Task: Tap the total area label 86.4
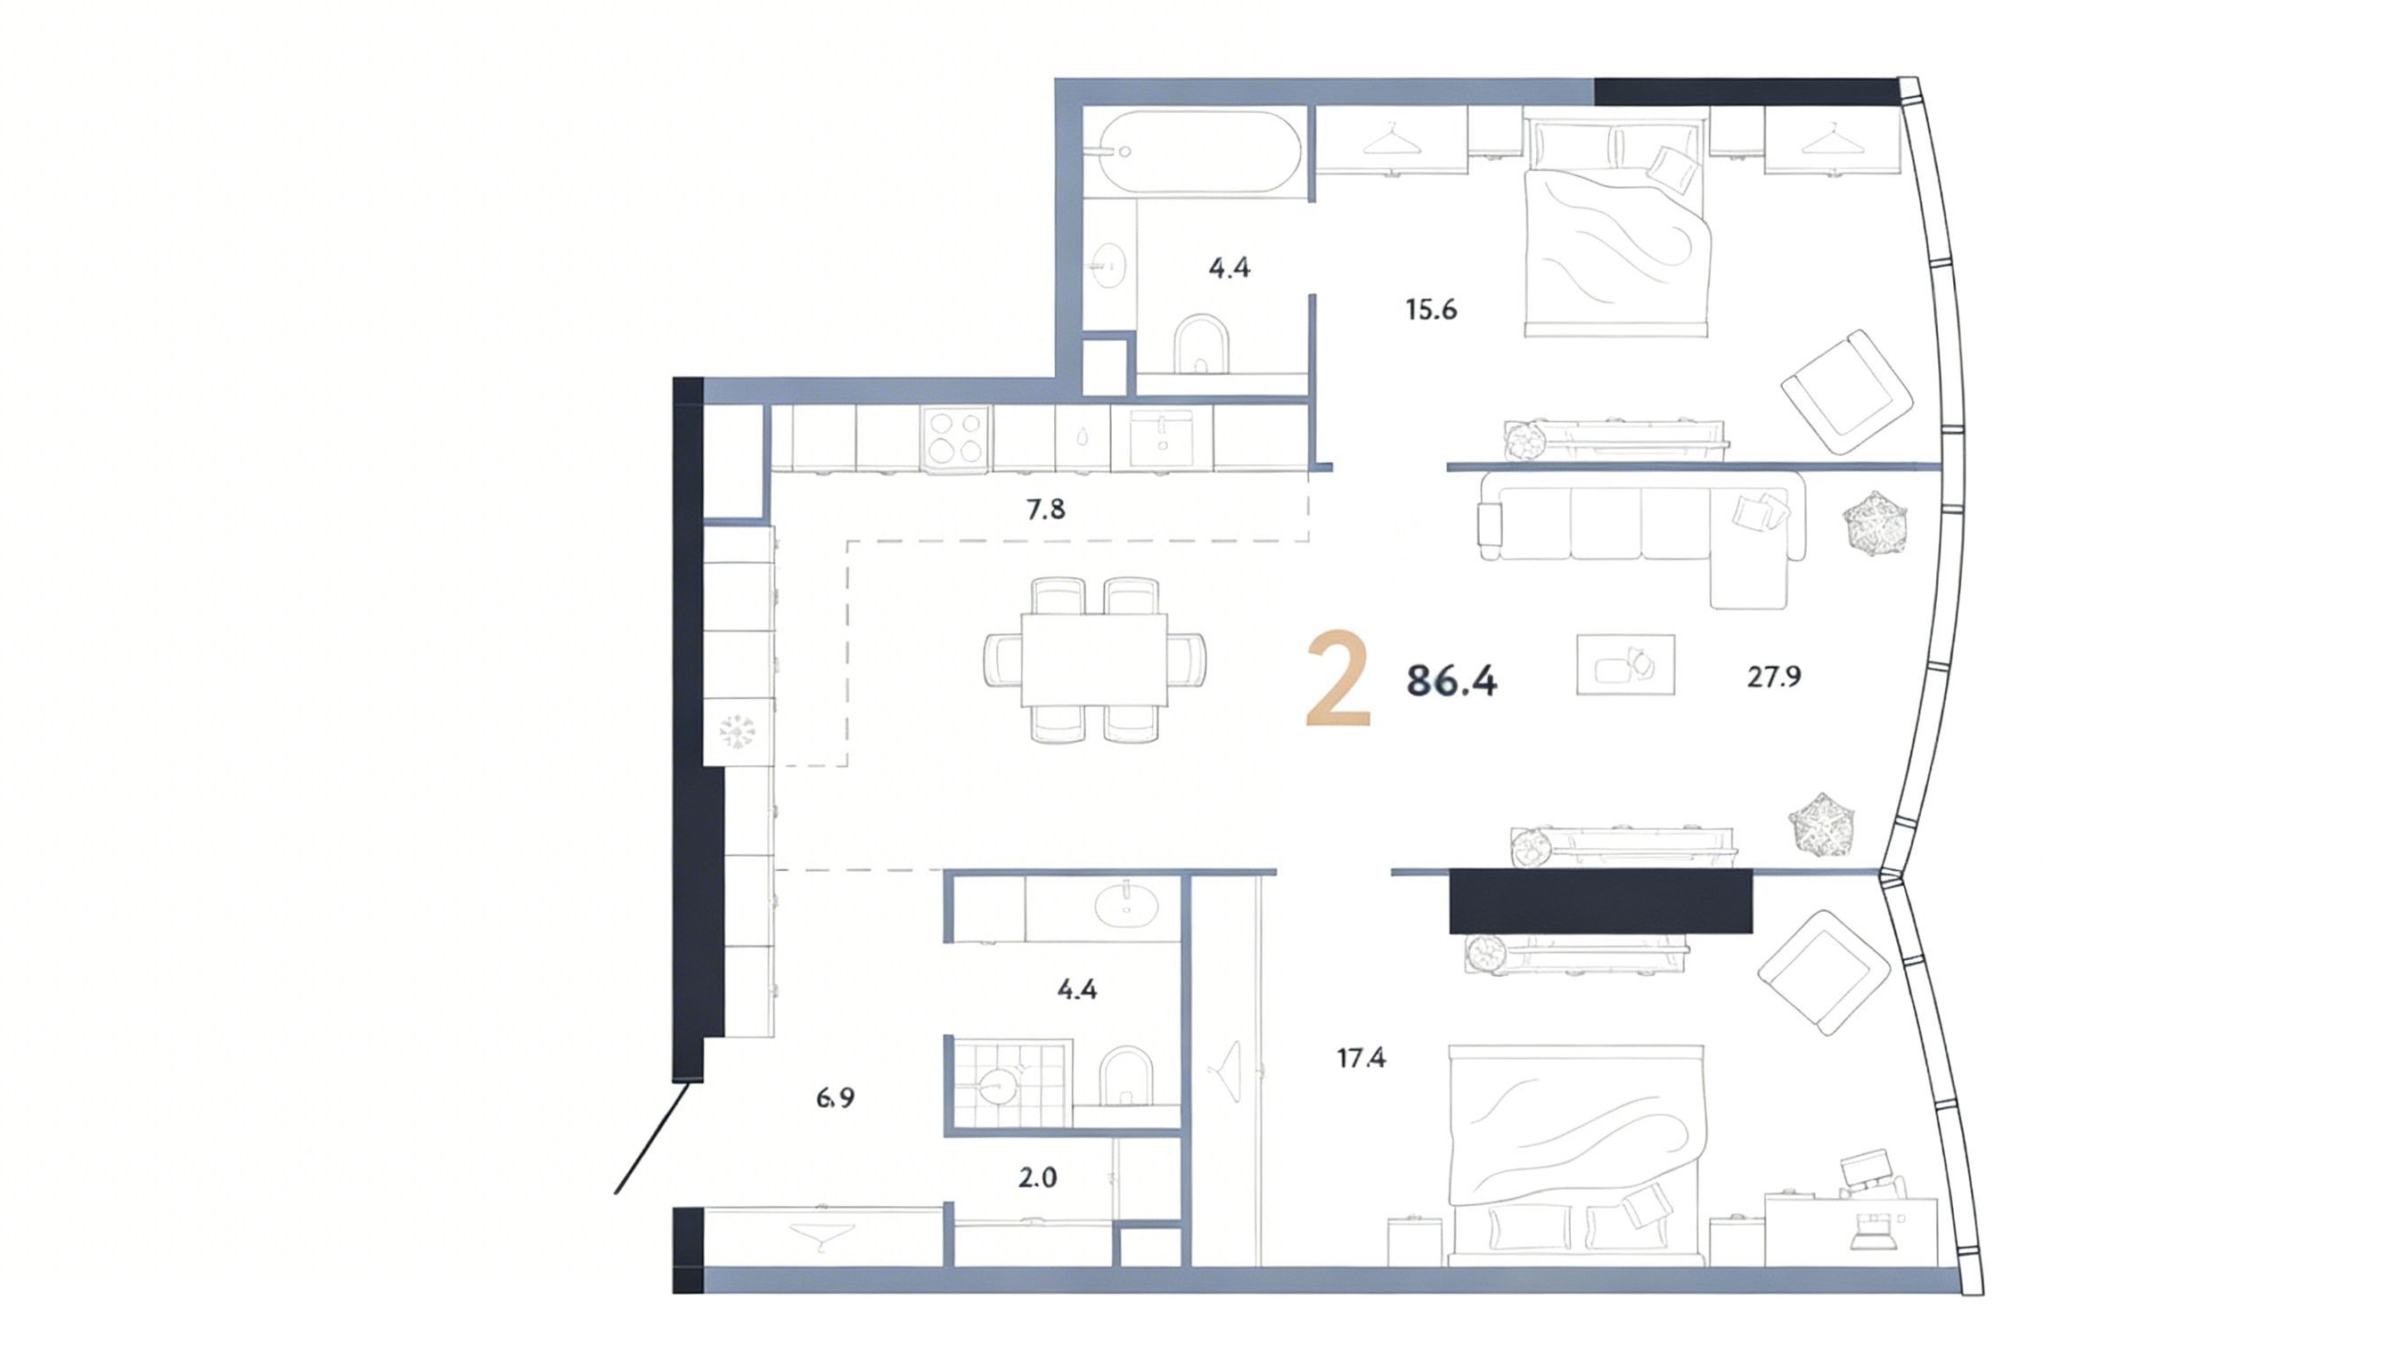pyautogui.click(x=1451, y=680)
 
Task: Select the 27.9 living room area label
pyautogui.click(x=1774, y=677)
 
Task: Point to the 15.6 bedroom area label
pyautogui.click(x=1431, y=309)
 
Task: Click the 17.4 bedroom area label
pyautogui.click(x=1361, y=1058)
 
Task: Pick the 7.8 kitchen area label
pyautogui.click(x=1045, y=509)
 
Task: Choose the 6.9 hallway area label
pyautogui.click(x=835, y=1097)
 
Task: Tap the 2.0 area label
pyautogui.click(x=1038, y=1177)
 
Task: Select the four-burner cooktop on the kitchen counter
pyautogui.click(x=956, y=438)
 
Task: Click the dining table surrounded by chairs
pyautogui.click(x=1094, y=660)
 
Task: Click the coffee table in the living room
pyautogui.click(x=1625, y=665)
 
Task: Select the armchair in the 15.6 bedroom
pyautogui.click(x=1846, y=391)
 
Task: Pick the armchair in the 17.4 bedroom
pyautogui.click(x=1824, y=973)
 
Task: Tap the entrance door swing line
pyautogui.click(x=655, y=1138)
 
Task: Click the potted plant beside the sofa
pyautogui.click(x=1876, y=523)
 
